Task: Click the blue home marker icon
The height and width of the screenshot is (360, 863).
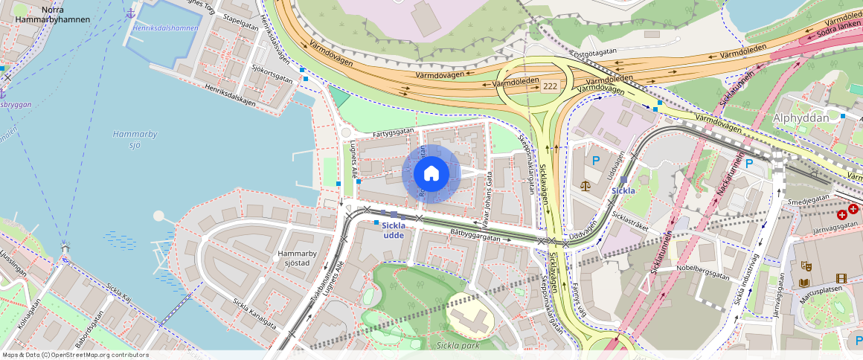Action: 431,173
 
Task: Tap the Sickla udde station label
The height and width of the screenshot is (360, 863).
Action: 394,231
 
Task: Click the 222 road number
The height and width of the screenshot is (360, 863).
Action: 550,87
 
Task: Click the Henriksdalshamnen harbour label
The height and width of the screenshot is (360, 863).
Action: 167,28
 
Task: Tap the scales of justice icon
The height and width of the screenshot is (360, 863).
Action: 587,184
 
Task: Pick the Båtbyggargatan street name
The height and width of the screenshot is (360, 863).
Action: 475,235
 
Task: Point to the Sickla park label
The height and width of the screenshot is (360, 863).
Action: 458,344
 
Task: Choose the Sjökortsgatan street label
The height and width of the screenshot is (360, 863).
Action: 272,75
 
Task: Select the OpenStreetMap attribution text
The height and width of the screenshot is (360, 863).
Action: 76,355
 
